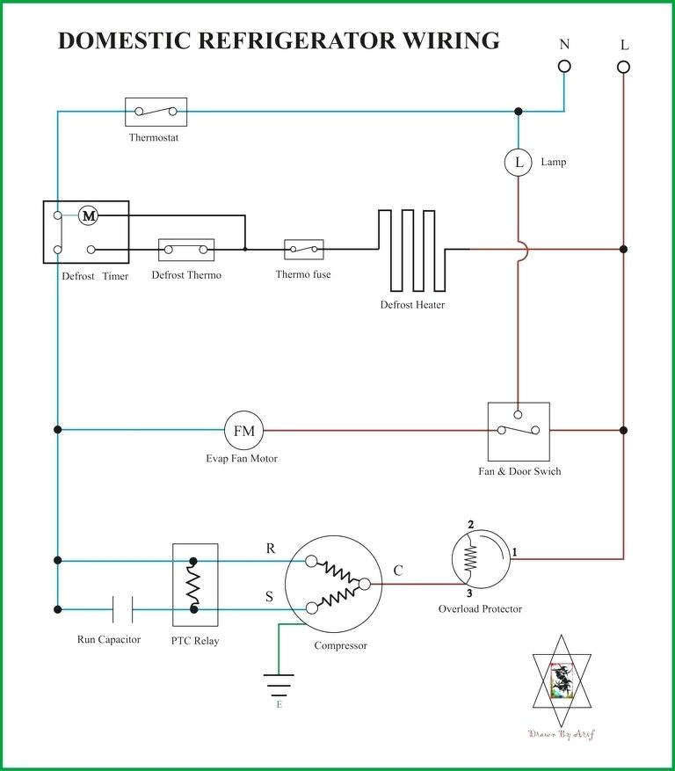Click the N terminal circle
click(564, 66)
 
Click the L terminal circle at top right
click(623, 66)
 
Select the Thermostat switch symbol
click(156, 112)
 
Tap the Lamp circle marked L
click(519, 162)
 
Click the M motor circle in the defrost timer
click(88, 215)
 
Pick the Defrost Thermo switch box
click(185, 250)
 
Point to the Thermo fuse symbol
click(303, 250)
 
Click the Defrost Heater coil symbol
click(412, 251)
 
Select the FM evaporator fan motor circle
click(243, 431)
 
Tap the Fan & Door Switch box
click(519, 431)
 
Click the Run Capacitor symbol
click(122, 608)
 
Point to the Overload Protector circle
click(480, 557)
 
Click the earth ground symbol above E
click(279, 681)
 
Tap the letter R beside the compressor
click(271, 549)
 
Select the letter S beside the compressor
click(271, 597)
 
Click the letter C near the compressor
click(398, 571)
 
